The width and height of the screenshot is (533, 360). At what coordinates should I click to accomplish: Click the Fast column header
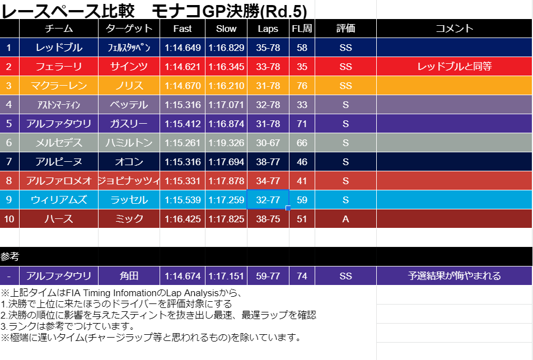coord(183,29)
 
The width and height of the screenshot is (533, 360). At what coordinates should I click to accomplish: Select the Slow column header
coord(226,29)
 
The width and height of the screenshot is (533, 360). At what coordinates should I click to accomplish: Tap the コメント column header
coord(454,29)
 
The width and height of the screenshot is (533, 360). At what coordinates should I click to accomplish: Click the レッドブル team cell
coord(59,48)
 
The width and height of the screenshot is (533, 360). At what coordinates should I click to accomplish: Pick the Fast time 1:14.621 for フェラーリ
coord(183,67)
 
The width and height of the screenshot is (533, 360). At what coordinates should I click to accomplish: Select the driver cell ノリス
coord(129,86)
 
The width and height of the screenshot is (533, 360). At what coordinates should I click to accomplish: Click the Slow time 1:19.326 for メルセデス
coord(226,143)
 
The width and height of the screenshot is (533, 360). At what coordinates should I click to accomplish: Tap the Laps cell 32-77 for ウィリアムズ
coord(268,200)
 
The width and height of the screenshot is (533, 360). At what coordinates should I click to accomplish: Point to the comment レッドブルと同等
coord(454,67)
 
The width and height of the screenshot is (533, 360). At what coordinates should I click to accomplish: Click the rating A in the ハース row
coord(345,219)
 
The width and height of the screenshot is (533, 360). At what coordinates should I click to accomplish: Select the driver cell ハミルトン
coord(129,143)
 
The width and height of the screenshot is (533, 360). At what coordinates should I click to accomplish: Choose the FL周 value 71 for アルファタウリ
coord(302,124)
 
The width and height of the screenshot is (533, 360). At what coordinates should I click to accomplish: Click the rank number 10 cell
coord(10,219)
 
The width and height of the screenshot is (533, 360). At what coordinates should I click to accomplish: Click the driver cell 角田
coord(129,276)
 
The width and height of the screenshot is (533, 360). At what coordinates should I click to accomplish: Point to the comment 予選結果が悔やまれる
coord(454,276)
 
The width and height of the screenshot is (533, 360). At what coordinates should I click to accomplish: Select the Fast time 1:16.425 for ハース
coord(183,219)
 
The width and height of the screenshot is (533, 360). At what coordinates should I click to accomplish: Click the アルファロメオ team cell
coord(59,181)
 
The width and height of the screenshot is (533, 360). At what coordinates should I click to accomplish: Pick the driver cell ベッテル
coord(129,105)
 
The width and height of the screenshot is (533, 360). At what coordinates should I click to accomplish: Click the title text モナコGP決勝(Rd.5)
coord(230,10)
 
